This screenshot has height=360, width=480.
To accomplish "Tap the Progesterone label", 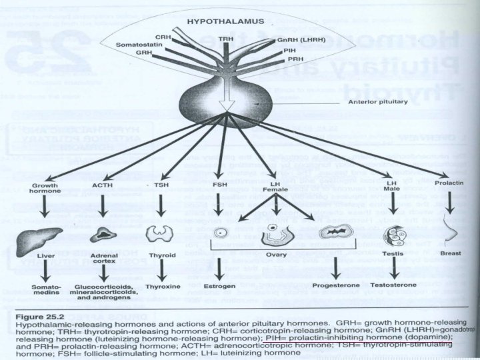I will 334,287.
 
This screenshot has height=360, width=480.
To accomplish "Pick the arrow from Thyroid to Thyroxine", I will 161,270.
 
